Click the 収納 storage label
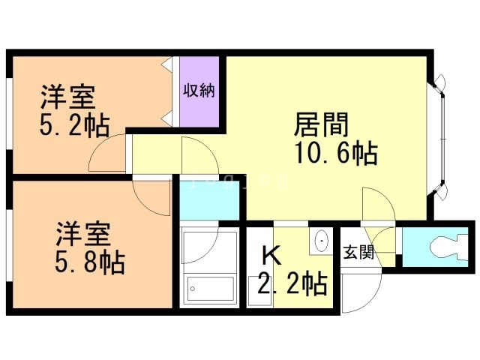pyautogui.click(x=199, y=91)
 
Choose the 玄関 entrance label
pyautogui.click(x=358, y=253)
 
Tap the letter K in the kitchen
pyautogui.click(x=271, y=256)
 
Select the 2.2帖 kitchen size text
pyautogui.click(x=292, y=284)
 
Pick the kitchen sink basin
pyautogui.click(x=321, y=241)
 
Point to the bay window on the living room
pyautogui.click(x=439, y=139)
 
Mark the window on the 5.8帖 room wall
pyautogui.click(x=8, y=247)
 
